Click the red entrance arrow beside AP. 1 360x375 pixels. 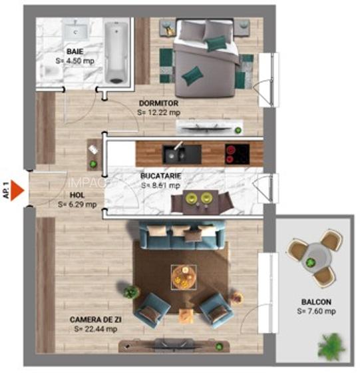coord(19,192)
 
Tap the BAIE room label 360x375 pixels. coord(74,51)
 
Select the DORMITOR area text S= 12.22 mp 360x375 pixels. coord(158,113)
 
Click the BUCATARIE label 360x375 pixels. coord(160,177)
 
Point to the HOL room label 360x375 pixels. coord(76,195)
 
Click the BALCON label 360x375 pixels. coord(316,302)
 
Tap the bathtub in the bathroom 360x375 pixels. coord(118,53)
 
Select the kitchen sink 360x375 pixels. coord(177,153)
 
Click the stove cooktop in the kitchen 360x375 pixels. coord(236,153)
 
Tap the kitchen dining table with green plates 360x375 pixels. coord(199,200)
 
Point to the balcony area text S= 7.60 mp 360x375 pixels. coord(316,311)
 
